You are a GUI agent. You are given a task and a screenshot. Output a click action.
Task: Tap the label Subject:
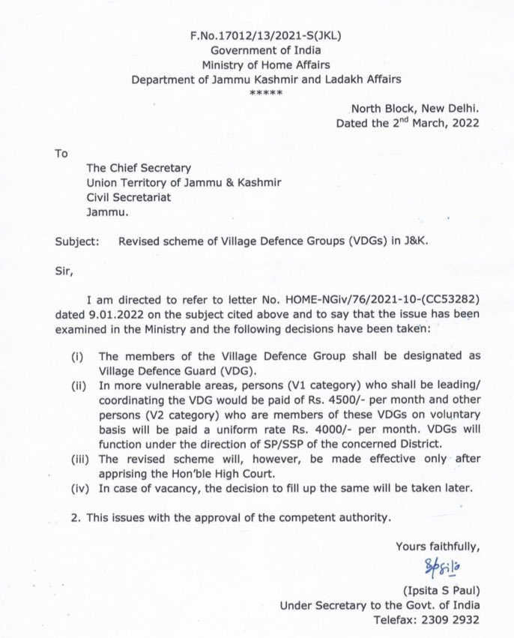click(74, 243)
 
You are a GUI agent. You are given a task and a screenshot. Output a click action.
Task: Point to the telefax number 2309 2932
click(448, 621)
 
